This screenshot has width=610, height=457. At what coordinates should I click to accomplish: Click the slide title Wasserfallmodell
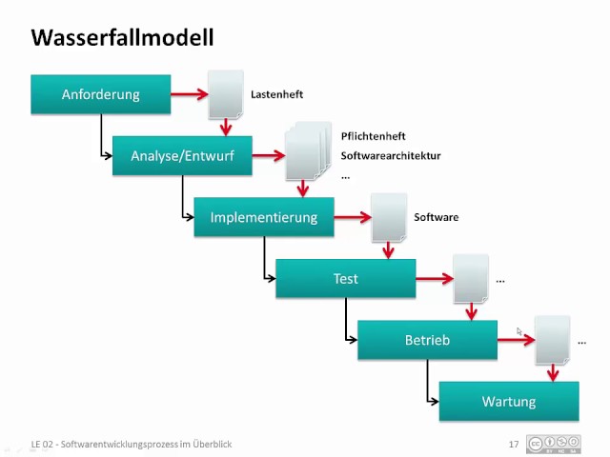pos(122,38)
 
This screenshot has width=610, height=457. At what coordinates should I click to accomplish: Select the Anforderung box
pos(101,94)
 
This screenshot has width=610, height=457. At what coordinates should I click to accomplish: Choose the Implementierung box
pos(264,217)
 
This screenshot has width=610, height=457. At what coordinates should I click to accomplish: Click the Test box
pos(345,278)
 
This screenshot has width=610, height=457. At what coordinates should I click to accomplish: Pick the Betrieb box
pos(427,340)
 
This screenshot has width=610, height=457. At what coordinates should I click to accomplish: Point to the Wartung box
pos(509,401)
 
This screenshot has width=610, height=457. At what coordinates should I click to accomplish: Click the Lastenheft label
pos(276,95)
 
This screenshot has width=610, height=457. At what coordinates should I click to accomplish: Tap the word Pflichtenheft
pos(373,136)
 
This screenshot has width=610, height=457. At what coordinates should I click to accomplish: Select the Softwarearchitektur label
pos(391,156)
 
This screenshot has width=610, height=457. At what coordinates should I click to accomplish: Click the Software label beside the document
pos(436,217)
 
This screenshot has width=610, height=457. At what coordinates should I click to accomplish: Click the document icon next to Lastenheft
pos(226,94)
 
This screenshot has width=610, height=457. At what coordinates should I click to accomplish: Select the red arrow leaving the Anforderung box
pos(190,94)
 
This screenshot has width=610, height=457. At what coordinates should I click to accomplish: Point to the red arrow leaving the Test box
pos(435,279)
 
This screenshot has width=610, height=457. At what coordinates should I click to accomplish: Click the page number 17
pos(514,444)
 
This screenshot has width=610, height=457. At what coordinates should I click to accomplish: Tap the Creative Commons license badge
pos(554,444)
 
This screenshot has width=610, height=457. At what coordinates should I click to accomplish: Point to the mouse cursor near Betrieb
pos(519,331)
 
